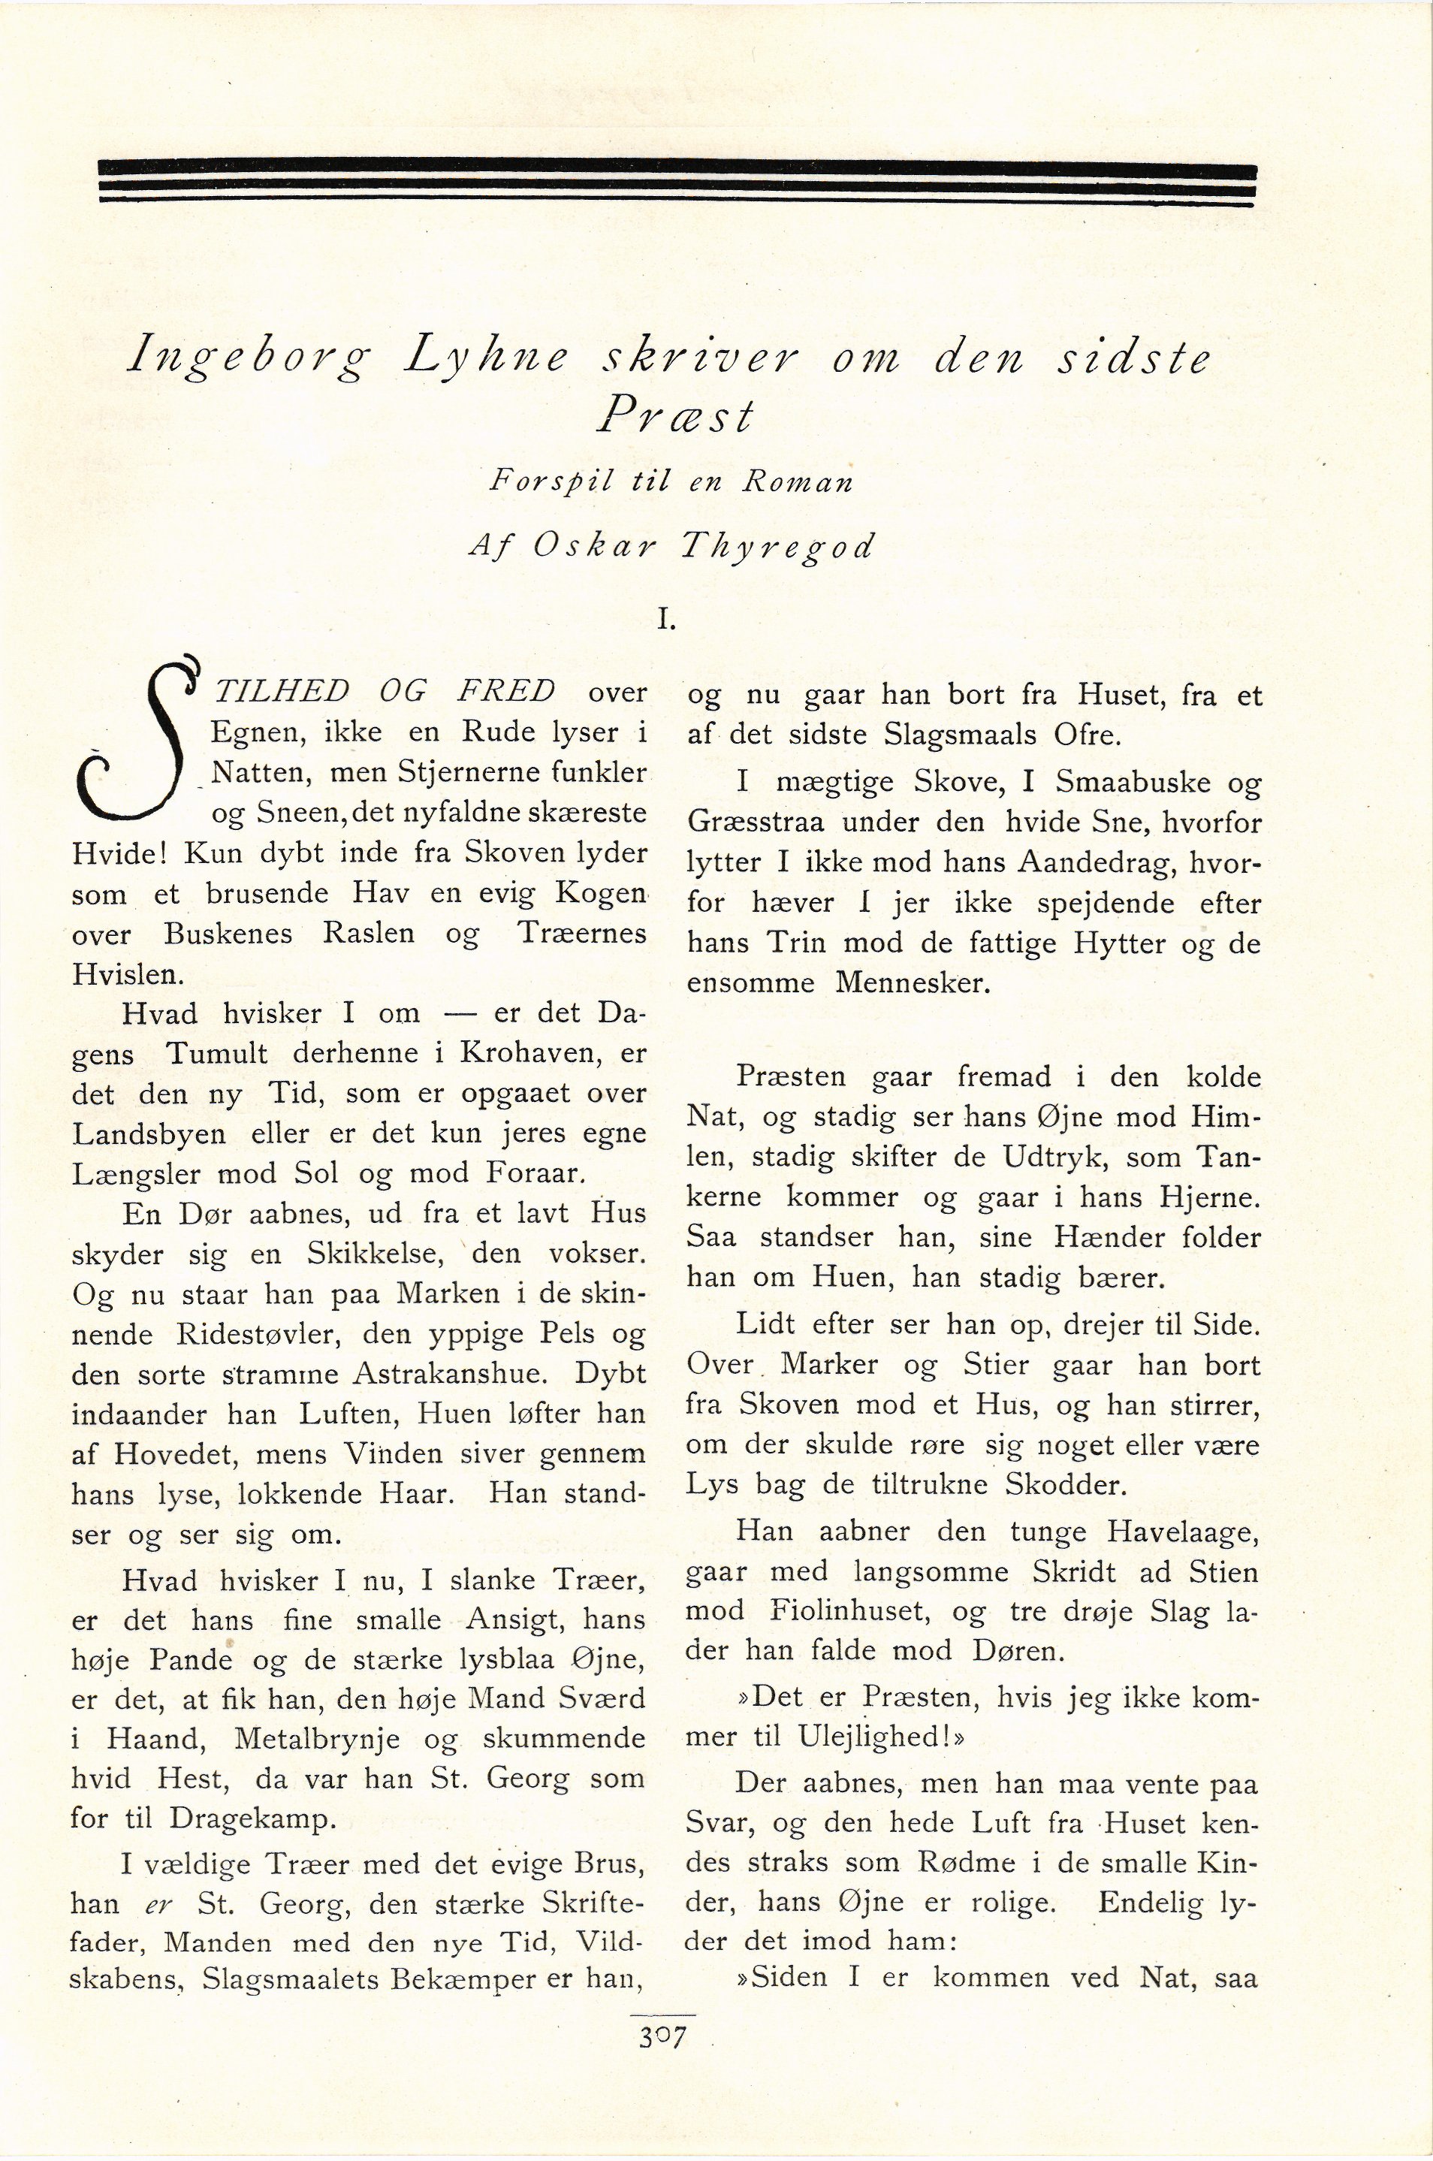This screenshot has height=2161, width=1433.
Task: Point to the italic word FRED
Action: (x=505, y=692)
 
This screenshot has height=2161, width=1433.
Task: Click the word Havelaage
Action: (x=1179, y=1531)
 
